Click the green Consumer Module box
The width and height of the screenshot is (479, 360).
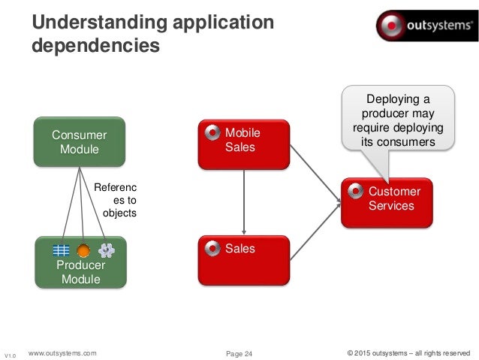[80, 141]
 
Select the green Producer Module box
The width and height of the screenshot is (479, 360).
[80, 263]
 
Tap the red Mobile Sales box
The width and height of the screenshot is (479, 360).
[243, 143]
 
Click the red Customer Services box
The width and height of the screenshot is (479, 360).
[387, 202]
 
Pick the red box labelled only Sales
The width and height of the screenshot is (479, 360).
[243, 260]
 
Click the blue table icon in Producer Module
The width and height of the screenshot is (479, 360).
[60, 251]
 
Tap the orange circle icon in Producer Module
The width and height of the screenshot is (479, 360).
[83, 251]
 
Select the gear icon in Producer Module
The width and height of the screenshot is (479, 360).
[106, 251]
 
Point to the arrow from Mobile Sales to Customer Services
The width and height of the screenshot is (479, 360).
[315, 172]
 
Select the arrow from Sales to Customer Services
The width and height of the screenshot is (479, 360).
[315, 232]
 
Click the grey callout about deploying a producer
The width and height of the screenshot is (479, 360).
[399, 119]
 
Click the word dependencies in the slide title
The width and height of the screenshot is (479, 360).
[95, 46]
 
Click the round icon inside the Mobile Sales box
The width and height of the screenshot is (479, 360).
[212, 133]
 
